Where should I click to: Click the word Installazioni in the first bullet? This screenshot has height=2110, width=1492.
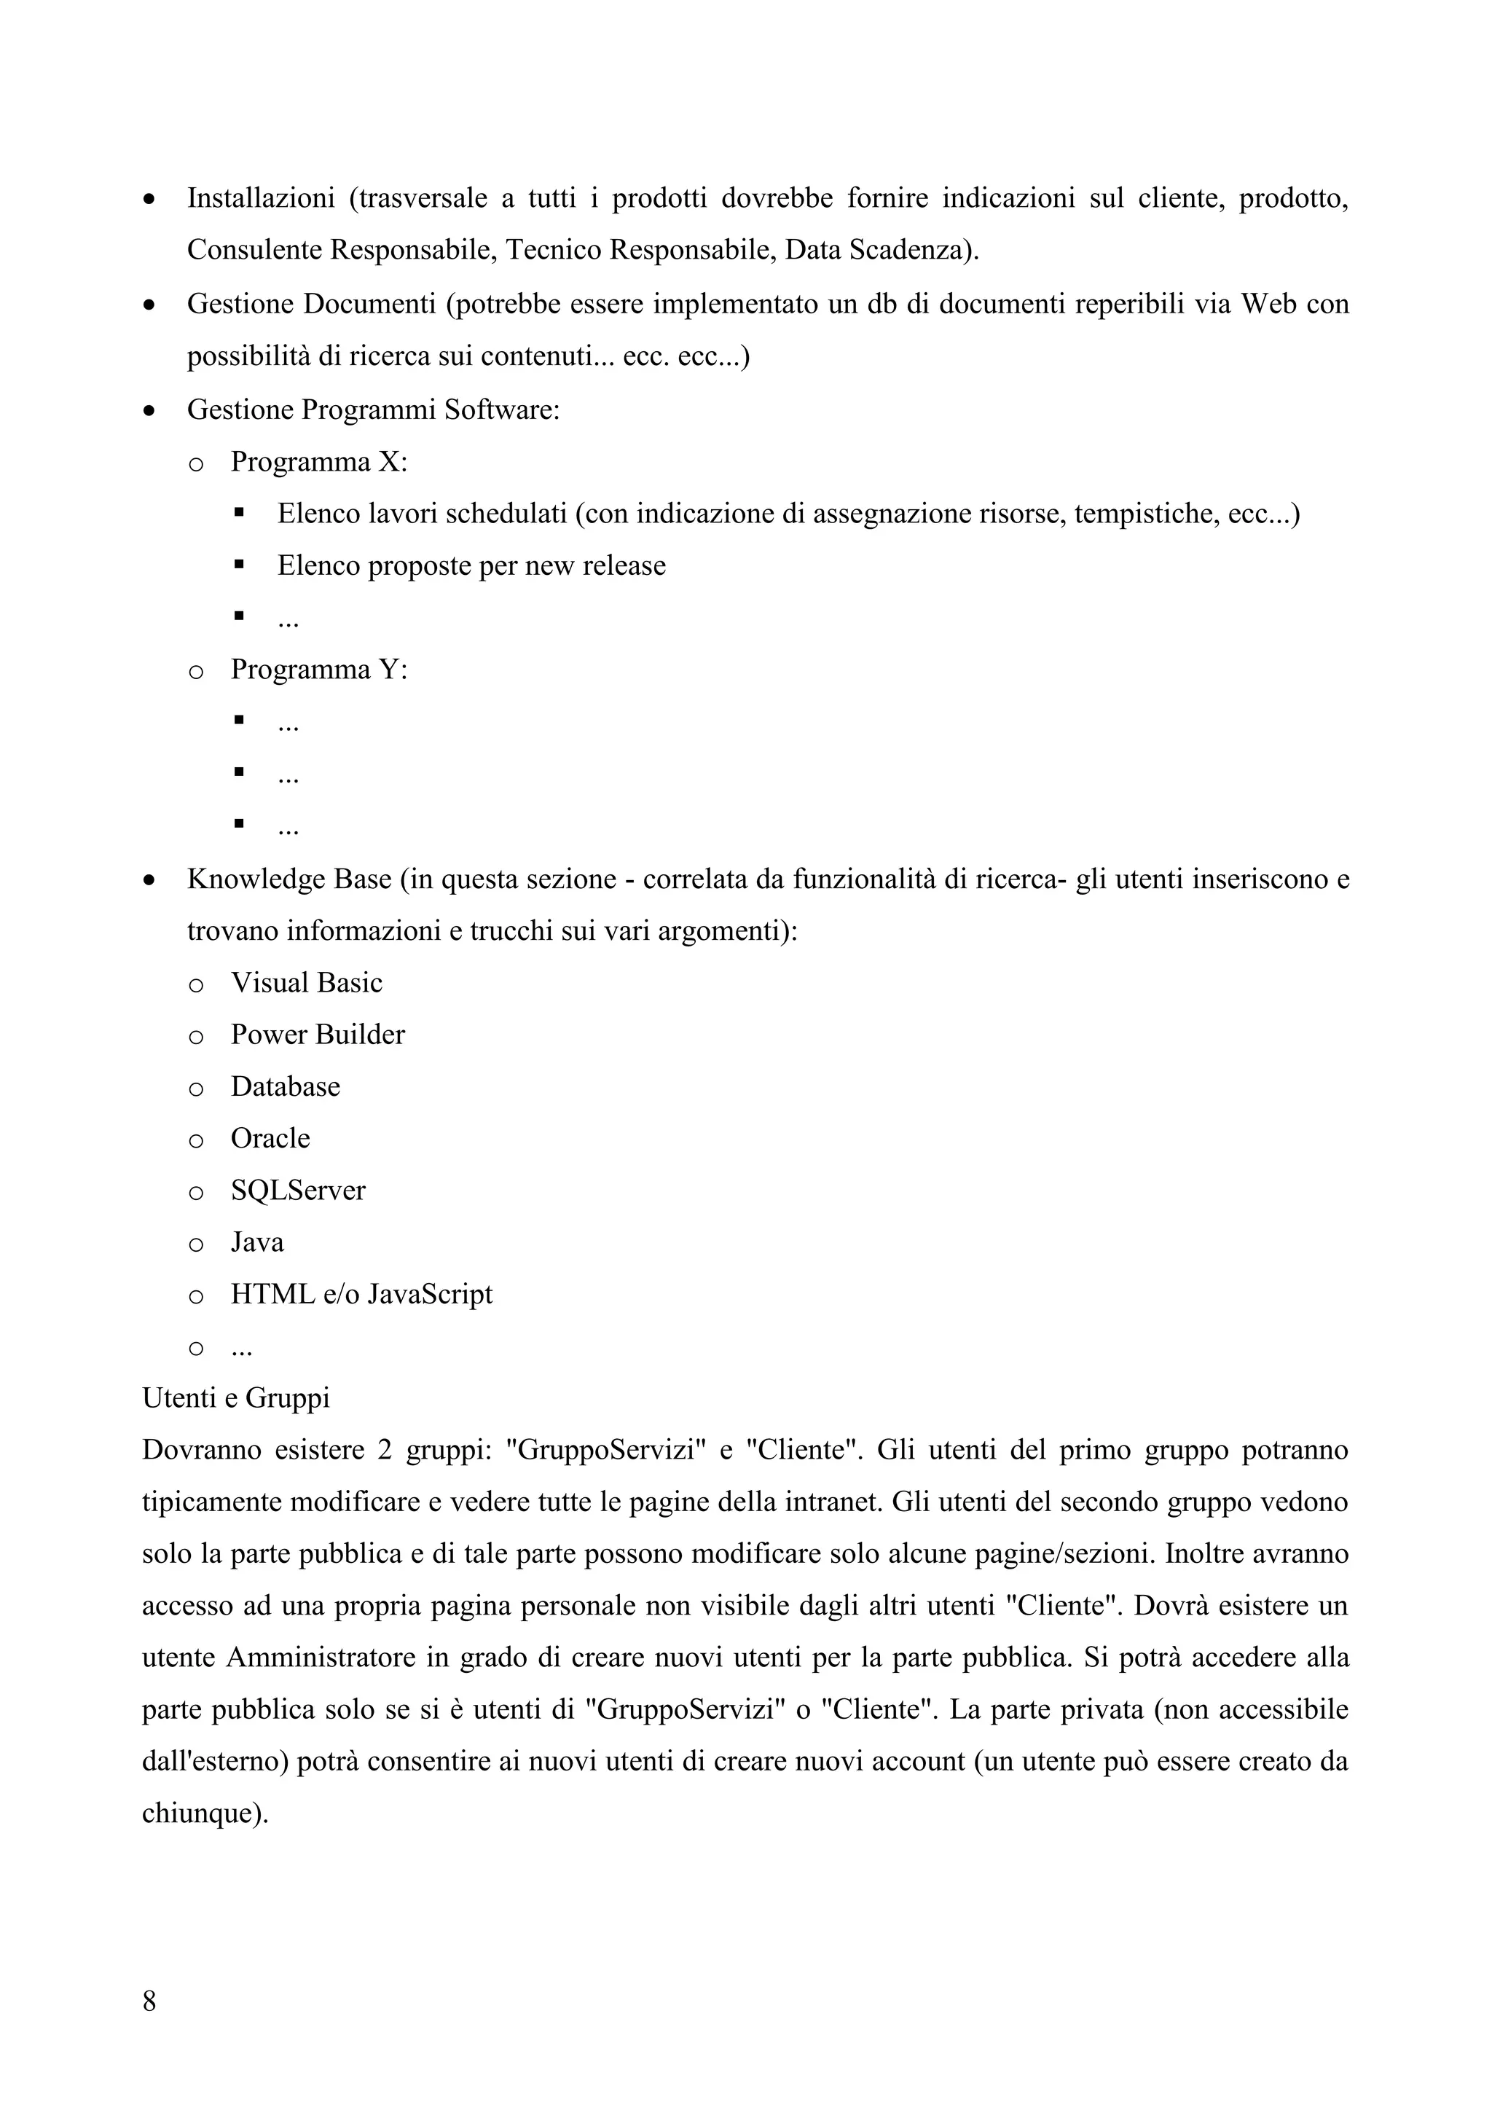click(261, 198)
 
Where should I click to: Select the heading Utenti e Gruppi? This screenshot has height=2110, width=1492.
click(236, 1397)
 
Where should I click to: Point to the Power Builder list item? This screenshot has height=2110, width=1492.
click(317, 1035)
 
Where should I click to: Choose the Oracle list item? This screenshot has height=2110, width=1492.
click(270, 1139)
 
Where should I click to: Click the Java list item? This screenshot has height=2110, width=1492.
click(257, 1242)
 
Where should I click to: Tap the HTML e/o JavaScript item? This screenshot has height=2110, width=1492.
click(361, 1294)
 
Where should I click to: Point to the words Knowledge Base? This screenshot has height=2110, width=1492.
click(288, 879)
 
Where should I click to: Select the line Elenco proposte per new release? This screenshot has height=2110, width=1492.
click(471, 565)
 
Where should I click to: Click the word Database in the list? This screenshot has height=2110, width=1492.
click(285, 1086)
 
